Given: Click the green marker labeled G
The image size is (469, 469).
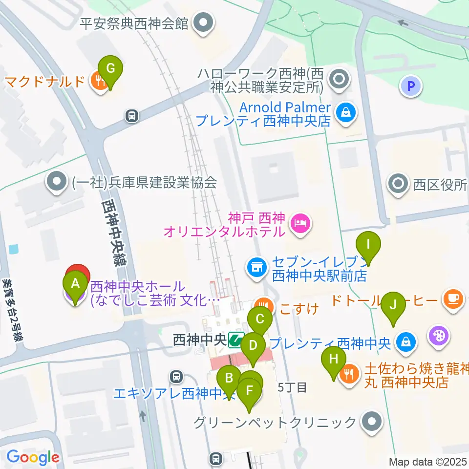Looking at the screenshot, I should (x=111, y=69).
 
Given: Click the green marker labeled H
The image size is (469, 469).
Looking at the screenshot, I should (x=334, y=361).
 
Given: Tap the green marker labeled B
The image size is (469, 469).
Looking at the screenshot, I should (x=228, y=379).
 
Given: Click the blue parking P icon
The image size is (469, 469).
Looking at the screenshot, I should (x=411, y=87).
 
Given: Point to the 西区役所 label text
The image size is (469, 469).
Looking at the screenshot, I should (x=439, y=185).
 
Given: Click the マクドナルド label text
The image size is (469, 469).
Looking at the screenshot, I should (x=45, y=81).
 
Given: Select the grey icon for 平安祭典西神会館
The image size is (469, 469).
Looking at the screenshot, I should (x=202, y=22).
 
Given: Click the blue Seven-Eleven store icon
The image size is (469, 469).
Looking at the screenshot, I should (x=256, y=266).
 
